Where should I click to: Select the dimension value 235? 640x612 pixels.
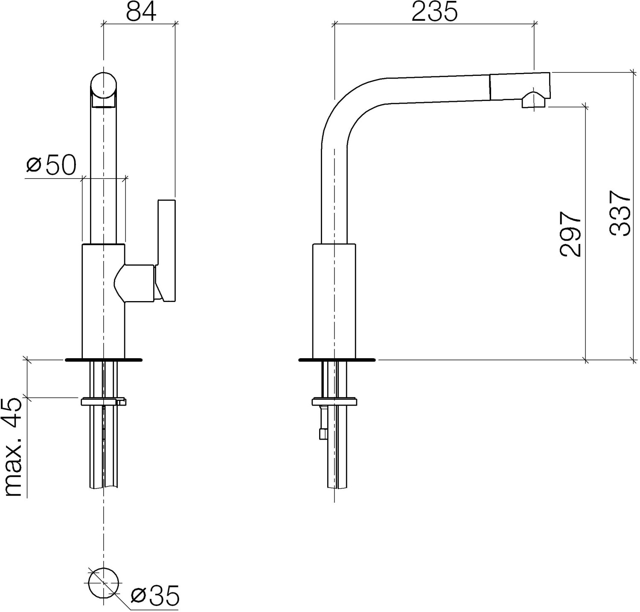pyautogui.click(x=434, y=12)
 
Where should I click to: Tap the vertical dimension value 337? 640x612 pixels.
pyautogui.click(x=620, y=213)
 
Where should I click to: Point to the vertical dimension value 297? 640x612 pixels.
pyautogui.click(x=570, y=233)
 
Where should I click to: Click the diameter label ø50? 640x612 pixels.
pyautogui.click(x=51, y=165)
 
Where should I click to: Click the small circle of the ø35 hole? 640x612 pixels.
pyautogui.click(x=103, y=583)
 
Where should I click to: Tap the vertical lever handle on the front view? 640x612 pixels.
pyautogui.click(x=166, y=251)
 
